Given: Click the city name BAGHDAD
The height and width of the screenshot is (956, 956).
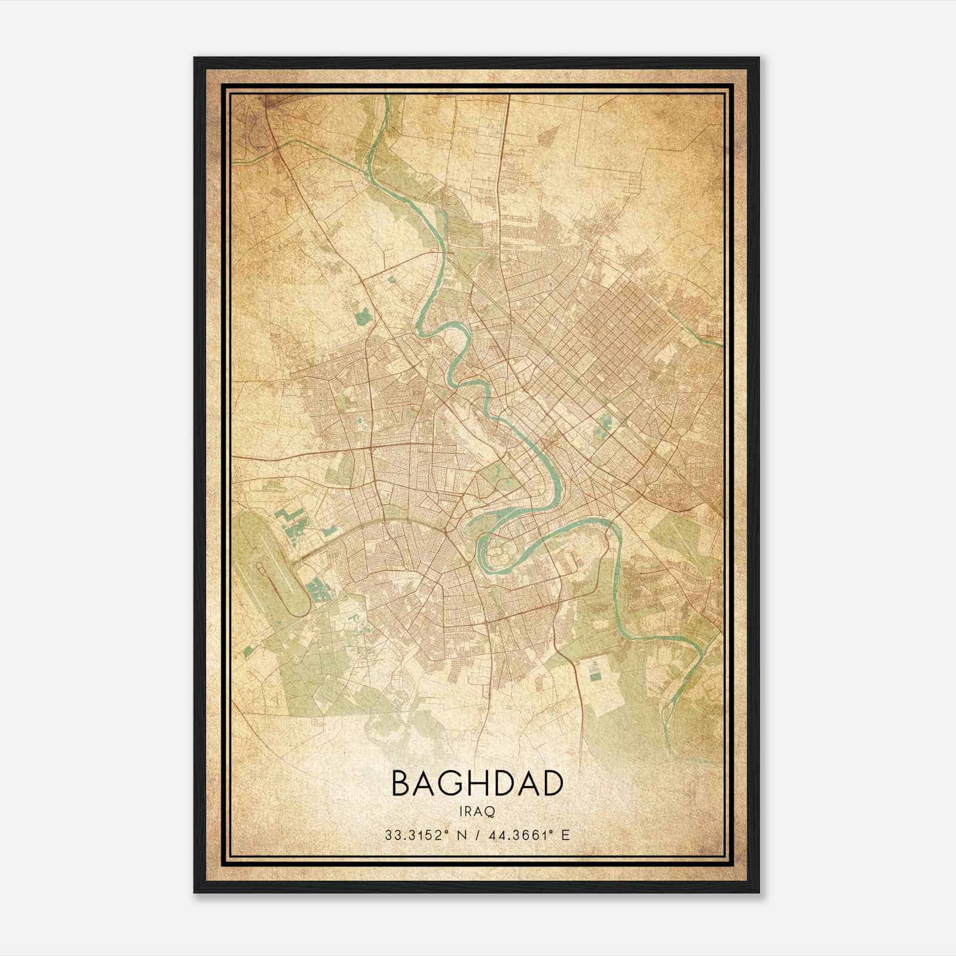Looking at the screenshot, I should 477,783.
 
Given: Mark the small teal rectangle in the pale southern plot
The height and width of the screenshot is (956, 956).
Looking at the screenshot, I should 595,672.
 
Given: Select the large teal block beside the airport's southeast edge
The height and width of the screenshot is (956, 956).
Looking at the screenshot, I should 317,589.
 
